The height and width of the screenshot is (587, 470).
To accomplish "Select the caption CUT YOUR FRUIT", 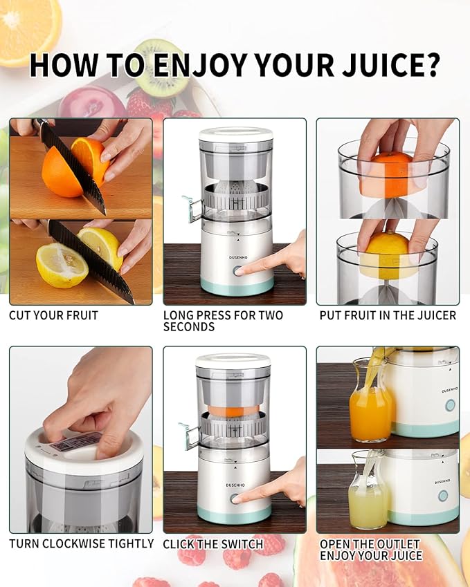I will click(53, 315).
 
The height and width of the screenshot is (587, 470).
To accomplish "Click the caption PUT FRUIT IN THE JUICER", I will click(388, 315).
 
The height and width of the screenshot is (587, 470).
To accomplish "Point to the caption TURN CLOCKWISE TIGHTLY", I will click(81, 543).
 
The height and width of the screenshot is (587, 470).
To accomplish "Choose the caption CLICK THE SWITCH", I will click(213, 544).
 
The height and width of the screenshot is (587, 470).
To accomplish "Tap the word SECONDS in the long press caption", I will click(189, 326).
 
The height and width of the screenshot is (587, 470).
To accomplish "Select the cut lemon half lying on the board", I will click(62, 265).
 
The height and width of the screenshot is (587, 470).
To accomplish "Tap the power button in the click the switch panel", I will click(236, 498).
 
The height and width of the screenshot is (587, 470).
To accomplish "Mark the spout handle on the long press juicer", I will click(190, 207).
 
